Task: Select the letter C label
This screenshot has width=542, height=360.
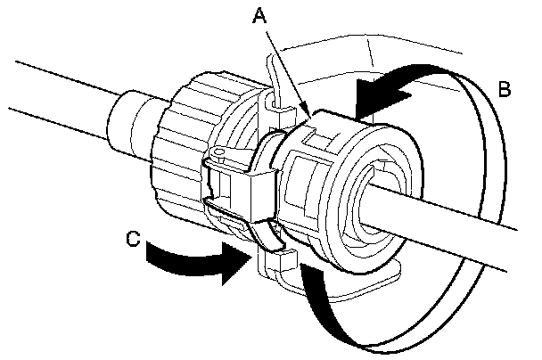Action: click(x=131, y=238)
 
